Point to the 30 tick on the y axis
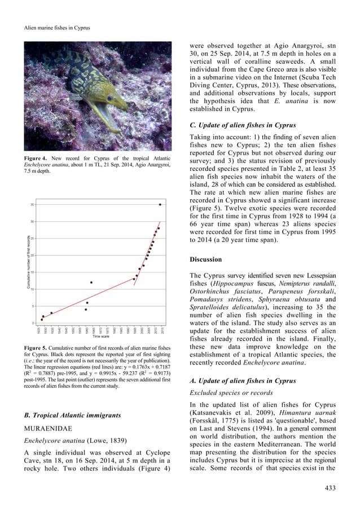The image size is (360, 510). [33, 221]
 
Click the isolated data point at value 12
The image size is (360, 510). [91, 282]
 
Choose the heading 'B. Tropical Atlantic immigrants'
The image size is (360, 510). [77, 415]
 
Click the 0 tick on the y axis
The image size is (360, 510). [34, 323]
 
